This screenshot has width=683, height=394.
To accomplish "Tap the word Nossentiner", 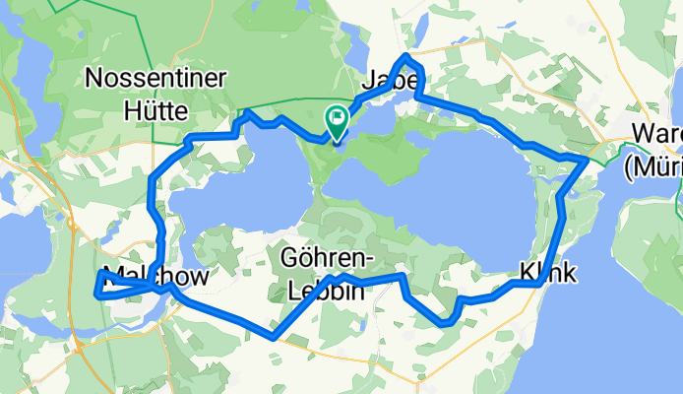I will pyautogui.click(x=156, y=77).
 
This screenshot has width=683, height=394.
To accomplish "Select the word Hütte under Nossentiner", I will pyautogui.click(x=156, y=109).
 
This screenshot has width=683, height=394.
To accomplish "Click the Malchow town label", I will pyautogui.click(x=155, y=278).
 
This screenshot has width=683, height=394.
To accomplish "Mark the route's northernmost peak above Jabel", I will pyautogui.click(x=406, y=56).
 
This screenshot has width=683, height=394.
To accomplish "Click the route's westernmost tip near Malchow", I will pyautogui.click(x=95, y=294).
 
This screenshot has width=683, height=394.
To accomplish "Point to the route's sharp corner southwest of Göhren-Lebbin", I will pyautogui.click(x=273, y=337).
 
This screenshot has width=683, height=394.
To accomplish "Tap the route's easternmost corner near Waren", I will pyautogui.click(x=588, y=158).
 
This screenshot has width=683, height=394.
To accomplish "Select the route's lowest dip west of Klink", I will pyautogui.click(x=446, y=322).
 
